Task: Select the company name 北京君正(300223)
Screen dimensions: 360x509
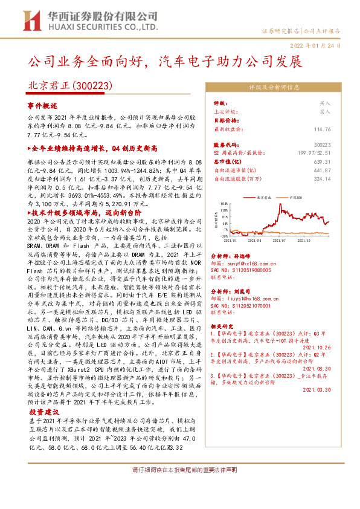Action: tap(71, 87)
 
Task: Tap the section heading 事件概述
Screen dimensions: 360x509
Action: tap(42, 105)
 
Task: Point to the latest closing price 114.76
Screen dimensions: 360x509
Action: tap(323, 129)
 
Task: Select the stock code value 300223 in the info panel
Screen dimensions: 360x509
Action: tap(323, 146)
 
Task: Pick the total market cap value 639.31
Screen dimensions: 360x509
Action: tap(323, 162)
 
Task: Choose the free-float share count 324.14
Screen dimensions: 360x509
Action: tap(323, 179)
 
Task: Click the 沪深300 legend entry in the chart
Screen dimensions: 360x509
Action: tap(298, 198)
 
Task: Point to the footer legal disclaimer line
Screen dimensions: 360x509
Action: tap(180, 470)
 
